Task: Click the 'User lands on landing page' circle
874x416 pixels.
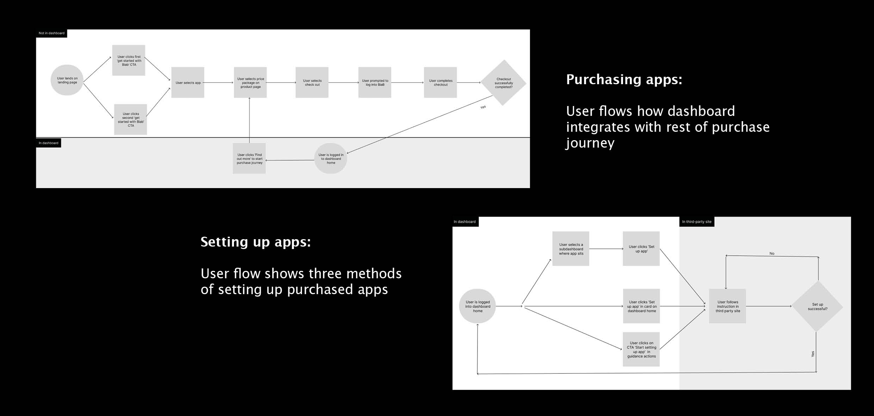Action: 67,80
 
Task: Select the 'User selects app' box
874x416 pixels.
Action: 188,83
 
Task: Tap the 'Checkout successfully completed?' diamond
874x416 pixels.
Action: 504,83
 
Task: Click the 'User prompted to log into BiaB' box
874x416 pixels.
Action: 375,83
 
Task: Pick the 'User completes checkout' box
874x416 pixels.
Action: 441,83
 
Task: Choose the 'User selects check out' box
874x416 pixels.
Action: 312,83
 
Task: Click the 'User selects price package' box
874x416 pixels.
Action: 250,83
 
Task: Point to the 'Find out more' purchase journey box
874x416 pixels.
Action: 249,159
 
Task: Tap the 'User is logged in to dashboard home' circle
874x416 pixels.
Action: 331,159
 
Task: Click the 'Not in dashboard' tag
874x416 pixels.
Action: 51,33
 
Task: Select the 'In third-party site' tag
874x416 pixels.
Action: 697,222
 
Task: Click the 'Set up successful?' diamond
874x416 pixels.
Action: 817,306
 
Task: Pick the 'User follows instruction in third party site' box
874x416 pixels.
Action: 727,306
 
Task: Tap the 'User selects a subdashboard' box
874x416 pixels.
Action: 571,249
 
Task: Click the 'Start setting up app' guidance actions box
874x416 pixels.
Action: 641,349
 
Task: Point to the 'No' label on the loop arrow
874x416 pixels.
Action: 772,253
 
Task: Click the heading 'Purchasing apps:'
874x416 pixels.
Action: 624,80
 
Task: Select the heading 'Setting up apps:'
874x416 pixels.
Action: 256,242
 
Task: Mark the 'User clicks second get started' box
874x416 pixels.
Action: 130,119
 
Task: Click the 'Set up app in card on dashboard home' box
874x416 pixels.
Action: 641,306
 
